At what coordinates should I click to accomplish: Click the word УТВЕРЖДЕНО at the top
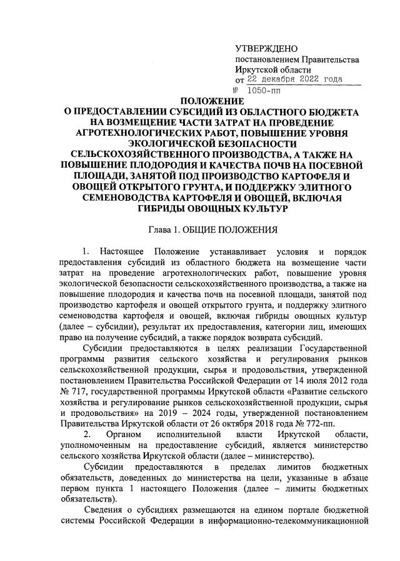click(266, 49)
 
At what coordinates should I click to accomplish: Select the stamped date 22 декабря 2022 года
click(294, 80)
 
